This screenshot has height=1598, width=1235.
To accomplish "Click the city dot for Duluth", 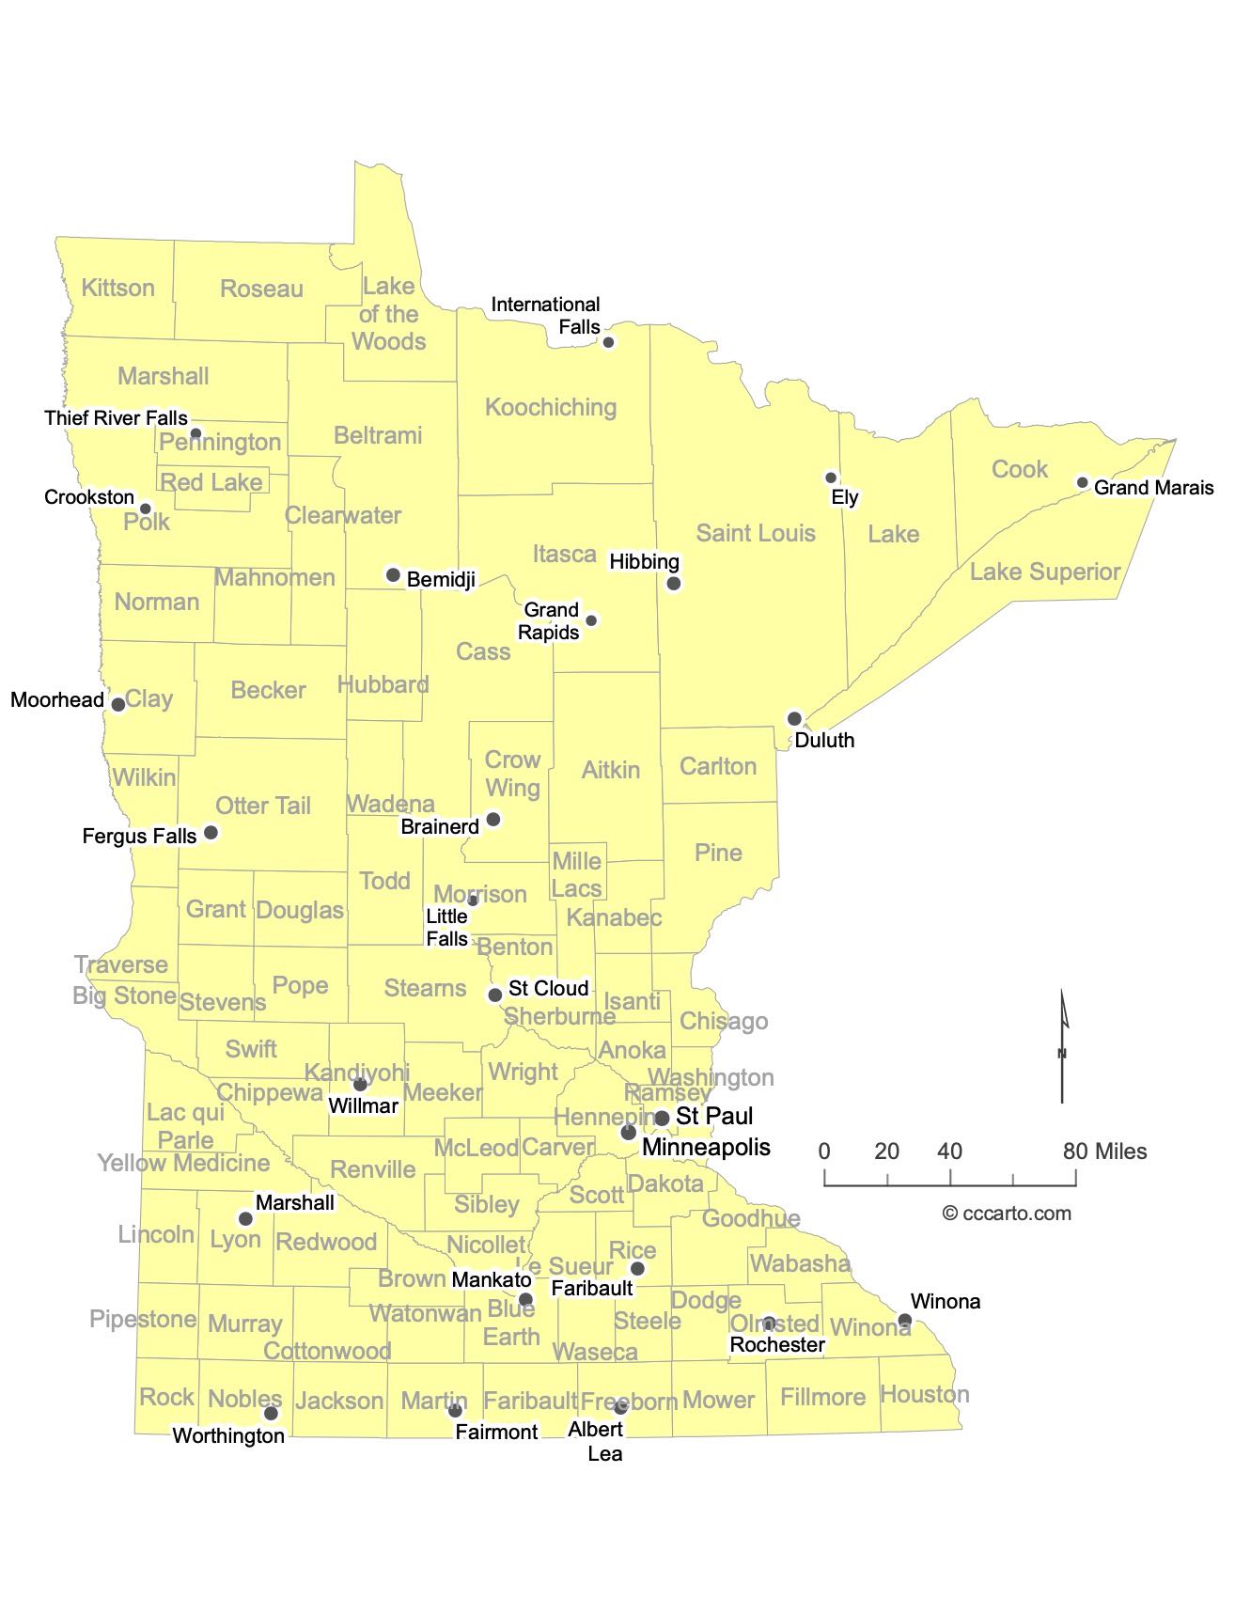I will pyautogui.click(x=794, y=719).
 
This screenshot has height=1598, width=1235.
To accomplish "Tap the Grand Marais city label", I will pyautogui.click(x=1153, y=488).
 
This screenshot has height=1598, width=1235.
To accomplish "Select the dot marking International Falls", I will pyautogui.click(x=608, y=342).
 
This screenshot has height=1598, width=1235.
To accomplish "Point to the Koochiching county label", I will pyautogui.click(x=551, y=407).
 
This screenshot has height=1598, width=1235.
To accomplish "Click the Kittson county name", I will pyautogui.click(x=117, y=288).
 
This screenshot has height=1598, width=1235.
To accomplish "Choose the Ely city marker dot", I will pyautogui.click(x=831, y=478).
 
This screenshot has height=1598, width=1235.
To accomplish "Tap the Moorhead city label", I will pyautogui.click(x=57, y=700).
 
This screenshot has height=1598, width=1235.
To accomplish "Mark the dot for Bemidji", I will pyautogui.click(x=393, y=574).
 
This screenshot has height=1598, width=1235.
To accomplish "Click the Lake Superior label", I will pyautogui.click(x=1045, y=572).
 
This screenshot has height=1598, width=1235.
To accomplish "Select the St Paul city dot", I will pyautogui.click(x=662, y=1118).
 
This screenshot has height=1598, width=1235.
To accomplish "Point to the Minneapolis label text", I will pyautogui.click(x=706, y=1147).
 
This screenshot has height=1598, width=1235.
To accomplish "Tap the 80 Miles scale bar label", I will pyautogui.click(x=1105, y=1151).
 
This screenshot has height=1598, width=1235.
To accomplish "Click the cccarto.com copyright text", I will pyautogui.click(x=1007, y=1214).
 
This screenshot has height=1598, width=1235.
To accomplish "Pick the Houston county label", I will pyautogui.click(x=925, y=1394).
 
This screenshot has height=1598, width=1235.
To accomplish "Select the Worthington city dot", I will pyautogui.click(x=271, y=1413).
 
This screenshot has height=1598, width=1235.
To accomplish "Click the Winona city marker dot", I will pyautogui.click(x=904, y=1320).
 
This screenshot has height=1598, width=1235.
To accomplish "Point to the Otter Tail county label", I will pyautogui.click(x=263, y=806).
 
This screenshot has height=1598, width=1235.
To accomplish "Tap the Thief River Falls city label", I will pyautogui.click(x=116, y=418).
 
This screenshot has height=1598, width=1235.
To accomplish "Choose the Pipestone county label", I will pyautogui.click(x=143, y=1319).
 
